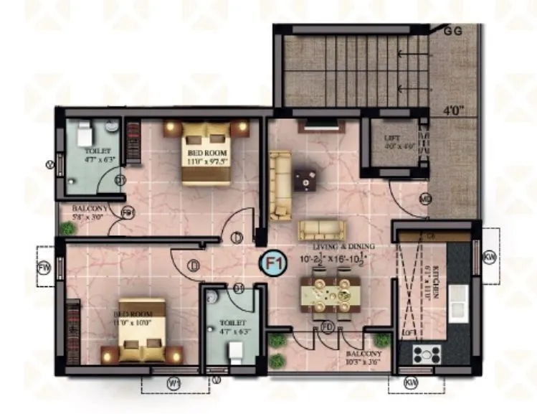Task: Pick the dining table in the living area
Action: click(x=329, y=293)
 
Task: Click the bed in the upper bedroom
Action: click(x=206, y=153)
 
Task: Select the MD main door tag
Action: click(x=425, y=199)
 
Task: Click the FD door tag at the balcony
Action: click(x=327, y=327)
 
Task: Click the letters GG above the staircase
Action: click(x=453, y=30)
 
